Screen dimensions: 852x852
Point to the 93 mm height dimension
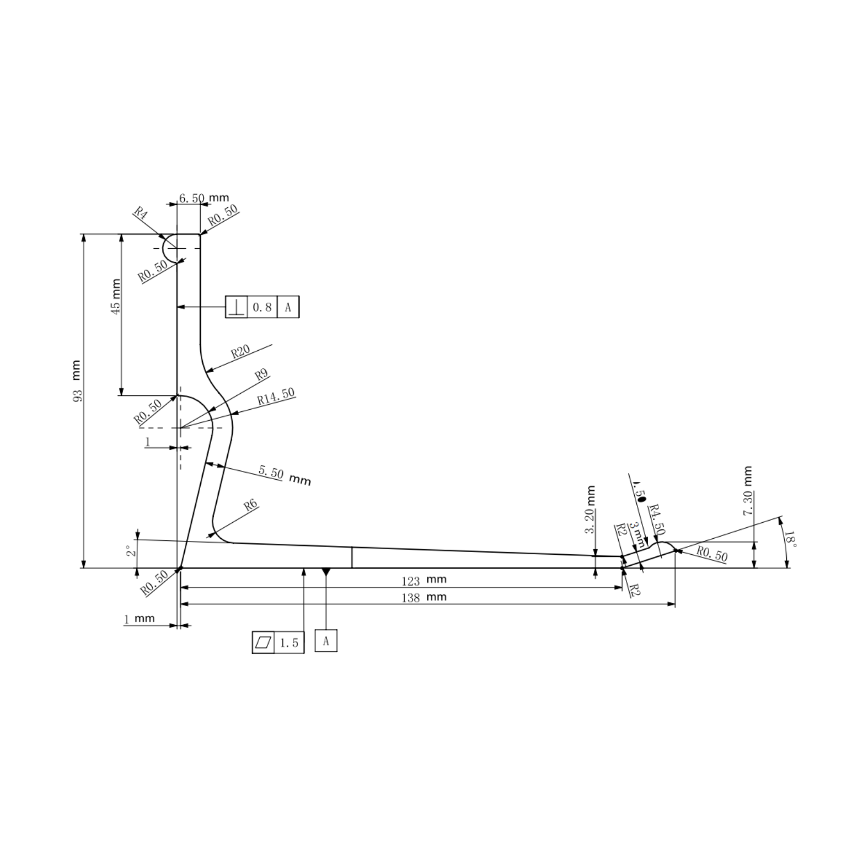pyautogui.click(x=77, y=381)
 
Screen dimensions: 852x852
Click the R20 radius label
pyautogui.click(x=240, y=351)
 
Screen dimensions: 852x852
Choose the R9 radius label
pyautogui.click(x=261, y=375)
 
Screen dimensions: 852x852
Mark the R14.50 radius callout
pyautogui.click(x=276, y=396)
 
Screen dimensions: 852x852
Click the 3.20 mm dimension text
pyautogui.click(x=590, y=510)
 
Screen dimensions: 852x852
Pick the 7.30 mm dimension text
pyautogui.click(x=748, y=491)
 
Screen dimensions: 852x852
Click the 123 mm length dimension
pyautogui.click(x=424, y=580)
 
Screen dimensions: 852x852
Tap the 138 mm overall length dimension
pyautogui.click(x=424, y=597)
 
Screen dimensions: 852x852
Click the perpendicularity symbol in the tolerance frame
pyautogui.click(x=237, y=307)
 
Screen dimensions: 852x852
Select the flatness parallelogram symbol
pyautogui.click(x=264, y=642)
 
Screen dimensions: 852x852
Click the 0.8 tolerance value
pyautogui.click(x=262, y=307)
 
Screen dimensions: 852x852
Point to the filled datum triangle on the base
pyautogui.click(x=326, y=572)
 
